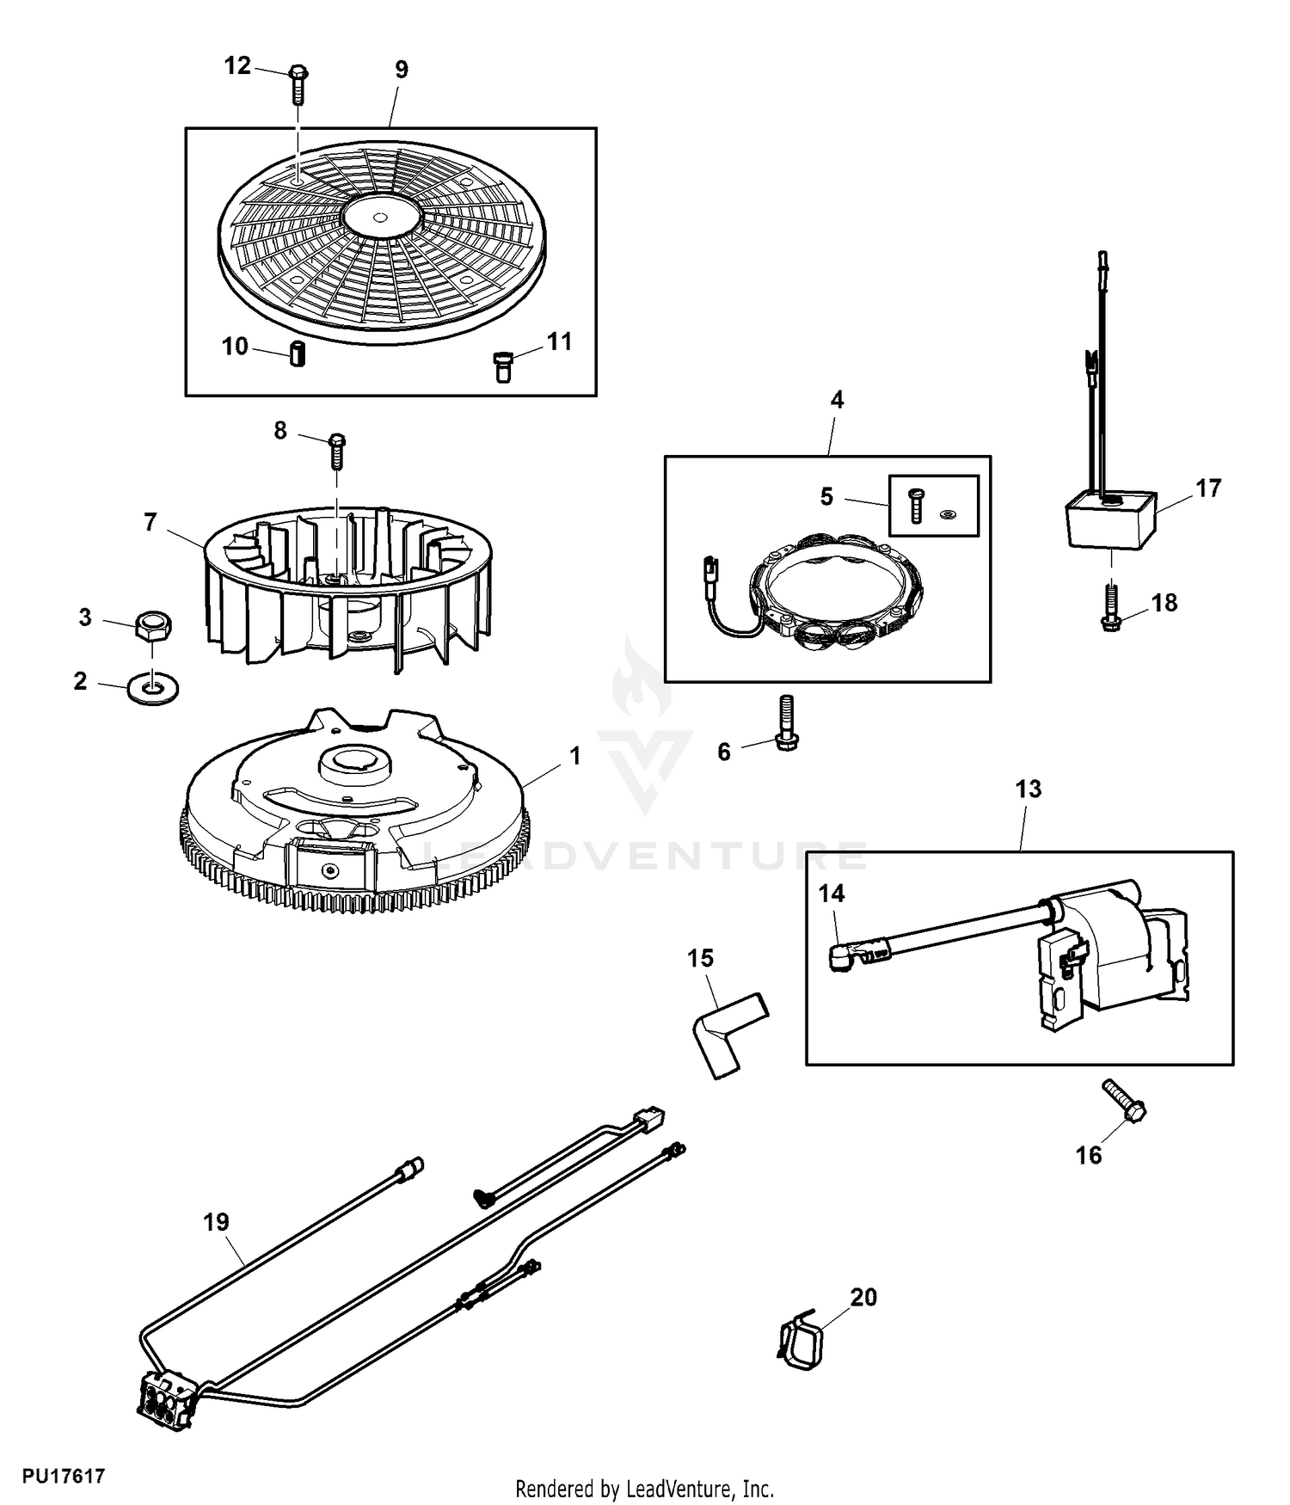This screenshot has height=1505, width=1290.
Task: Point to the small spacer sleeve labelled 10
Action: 297,353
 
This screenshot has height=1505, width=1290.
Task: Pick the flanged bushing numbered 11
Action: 501,366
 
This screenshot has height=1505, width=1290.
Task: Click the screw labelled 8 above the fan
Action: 337,451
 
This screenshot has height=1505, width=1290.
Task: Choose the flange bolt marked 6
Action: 786,724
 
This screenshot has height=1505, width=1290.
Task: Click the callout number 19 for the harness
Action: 216,1221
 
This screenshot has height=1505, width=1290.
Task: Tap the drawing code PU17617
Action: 64,1477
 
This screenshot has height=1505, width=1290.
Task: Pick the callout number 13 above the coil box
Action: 1028,789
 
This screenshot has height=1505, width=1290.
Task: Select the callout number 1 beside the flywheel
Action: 574,756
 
